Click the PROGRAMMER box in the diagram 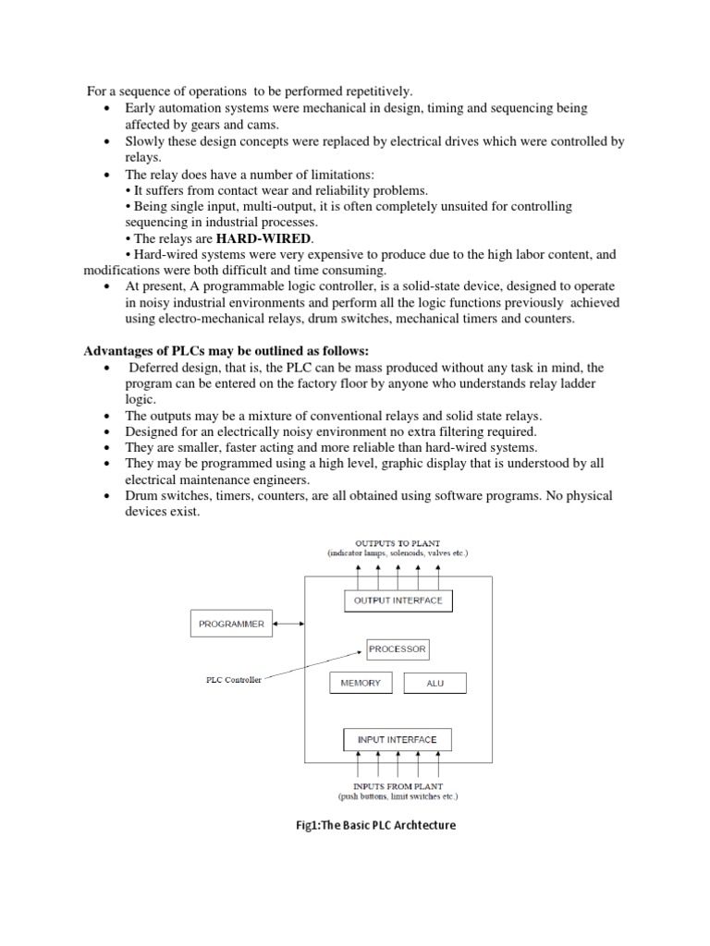(231, 624)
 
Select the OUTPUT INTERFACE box (398, 600)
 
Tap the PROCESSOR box (398, 649)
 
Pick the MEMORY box (361, 683)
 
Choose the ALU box (435, 683)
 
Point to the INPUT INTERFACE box (398, 740)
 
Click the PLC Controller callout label (234, 679)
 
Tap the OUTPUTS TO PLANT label (398, 542)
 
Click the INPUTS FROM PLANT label (398, 786)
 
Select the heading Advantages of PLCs (226, 351)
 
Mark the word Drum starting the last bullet (141, 496)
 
